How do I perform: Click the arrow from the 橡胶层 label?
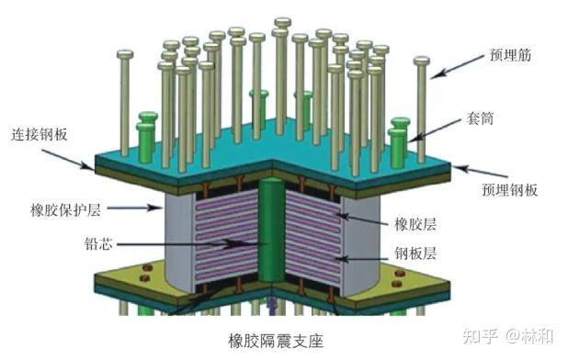(x=363, y=218)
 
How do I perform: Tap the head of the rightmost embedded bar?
(x=423, y=62)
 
